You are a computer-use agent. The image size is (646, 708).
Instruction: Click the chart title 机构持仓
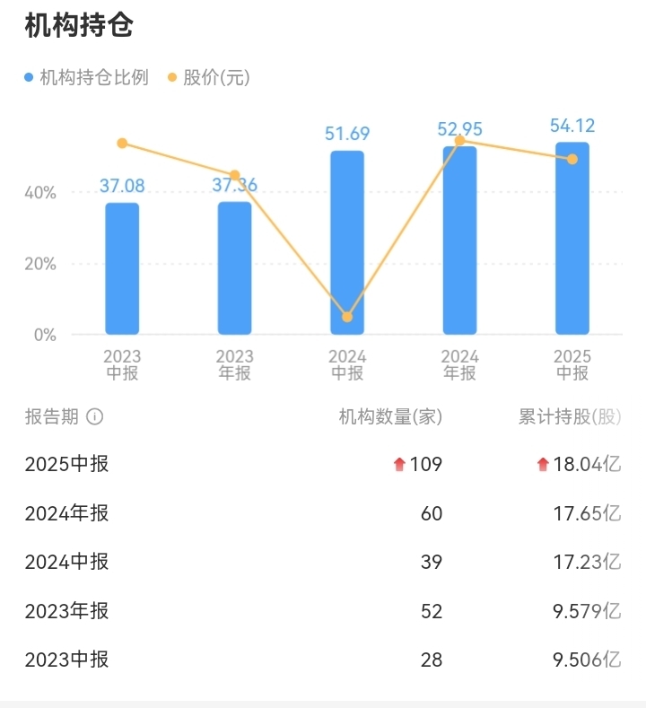(78, 26)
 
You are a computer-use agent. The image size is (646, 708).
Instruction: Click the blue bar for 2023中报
(122, 269)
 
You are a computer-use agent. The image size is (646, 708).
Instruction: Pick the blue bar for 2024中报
(347, 242)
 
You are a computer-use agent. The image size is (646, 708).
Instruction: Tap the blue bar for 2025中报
(572, 238)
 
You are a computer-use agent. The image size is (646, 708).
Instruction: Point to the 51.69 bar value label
(347, 134)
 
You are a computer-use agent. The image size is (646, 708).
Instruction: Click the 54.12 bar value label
(572, 126)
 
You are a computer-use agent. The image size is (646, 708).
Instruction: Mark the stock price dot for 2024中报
(347, 317)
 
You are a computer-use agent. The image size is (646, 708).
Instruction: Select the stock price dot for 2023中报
(122, 144)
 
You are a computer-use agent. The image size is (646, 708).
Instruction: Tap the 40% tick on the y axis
(40, 193)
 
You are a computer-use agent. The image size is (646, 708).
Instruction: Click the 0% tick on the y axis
(45, 336)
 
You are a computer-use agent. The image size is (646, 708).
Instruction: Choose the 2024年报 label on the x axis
(459, 365)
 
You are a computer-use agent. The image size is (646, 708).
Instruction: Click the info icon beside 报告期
(95, 417)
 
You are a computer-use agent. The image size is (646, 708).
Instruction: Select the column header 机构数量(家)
(390, 417)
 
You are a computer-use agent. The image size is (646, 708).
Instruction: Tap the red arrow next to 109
(399, 464)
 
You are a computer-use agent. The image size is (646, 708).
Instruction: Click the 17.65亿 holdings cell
(588, 513)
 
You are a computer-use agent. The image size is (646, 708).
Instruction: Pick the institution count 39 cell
(432, 562)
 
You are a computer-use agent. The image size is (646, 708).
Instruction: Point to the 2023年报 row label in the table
(66, 611)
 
